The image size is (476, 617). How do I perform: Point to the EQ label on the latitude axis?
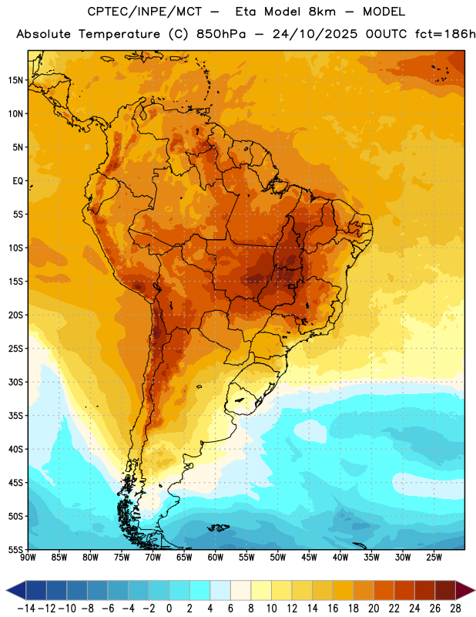[18, 181]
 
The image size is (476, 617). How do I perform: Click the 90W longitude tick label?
[28, 557]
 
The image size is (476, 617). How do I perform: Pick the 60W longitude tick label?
[216, 557]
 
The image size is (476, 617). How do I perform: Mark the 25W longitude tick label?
[434, 557]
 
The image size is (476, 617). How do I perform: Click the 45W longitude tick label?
[309, 557]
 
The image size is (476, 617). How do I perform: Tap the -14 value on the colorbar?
[26, 609]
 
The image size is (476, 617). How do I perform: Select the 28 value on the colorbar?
[455, 609]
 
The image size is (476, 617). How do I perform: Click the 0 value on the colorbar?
[169, 609]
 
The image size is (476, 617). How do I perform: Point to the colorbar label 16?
[333, 609]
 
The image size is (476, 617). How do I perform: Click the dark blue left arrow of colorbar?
[16, 590]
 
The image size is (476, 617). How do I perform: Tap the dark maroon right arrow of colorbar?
[465, 590]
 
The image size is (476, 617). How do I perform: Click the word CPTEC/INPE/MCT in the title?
[145, 12]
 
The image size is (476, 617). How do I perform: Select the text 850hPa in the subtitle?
[221, 34]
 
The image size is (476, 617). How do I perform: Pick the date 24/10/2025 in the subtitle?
[315, 34]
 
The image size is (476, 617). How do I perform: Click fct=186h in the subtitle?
[445, 34]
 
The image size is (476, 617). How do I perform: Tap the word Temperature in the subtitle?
[119, 34]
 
